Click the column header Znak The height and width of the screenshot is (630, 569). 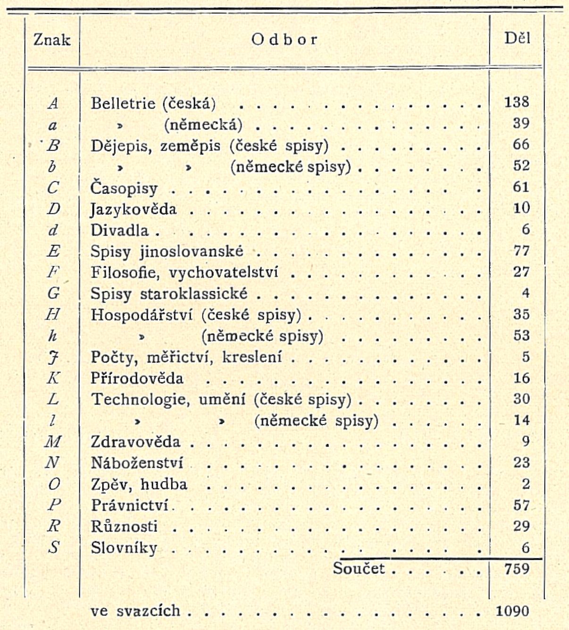point(52,40)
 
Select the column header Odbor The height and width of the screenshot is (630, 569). point(284,40)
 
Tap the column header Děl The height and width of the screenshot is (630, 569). point(517,38)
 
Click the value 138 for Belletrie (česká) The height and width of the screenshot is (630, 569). point(517,102)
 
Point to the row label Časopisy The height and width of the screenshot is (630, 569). point(124,188)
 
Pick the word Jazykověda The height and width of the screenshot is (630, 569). point(134,209)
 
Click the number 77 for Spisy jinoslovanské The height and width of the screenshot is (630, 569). point(521,251)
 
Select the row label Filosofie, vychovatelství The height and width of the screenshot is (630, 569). point(184,272)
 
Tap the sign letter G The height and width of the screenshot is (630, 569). point(53,294)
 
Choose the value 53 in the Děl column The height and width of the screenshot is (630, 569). point(521,336)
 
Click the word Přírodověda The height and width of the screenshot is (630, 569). point(137,378)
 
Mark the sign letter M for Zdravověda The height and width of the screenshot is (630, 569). point(53,442)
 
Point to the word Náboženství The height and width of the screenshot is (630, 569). point(137,462)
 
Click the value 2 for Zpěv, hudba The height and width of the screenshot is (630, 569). point(526,484)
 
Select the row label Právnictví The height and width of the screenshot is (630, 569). point(130,505)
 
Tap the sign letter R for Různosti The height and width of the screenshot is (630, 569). point(53,526)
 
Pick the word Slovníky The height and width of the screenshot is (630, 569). point(124,548)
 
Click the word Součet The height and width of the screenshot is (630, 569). point(359,568)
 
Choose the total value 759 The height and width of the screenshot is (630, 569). point(517,569)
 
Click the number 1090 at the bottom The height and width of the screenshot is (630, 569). point(512,611)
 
